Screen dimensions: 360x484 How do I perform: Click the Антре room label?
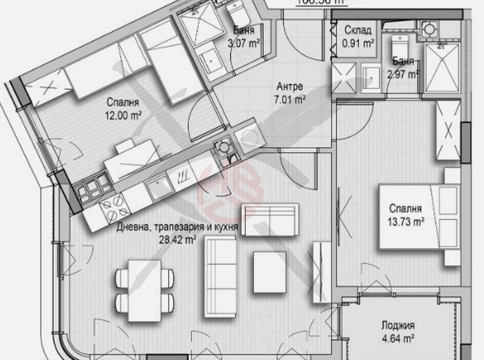pyautogui.click(x=289, y=87)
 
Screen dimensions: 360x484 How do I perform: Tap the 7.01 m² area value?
pyautogui.click(x=289, y=99)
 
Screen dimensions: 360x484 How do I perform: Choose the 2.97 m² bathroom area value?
pyautogui.click(x=403, y=73)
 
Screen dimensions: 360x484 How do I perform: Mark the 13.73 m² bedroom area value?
pyautogui.click(x=407, y=221)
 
